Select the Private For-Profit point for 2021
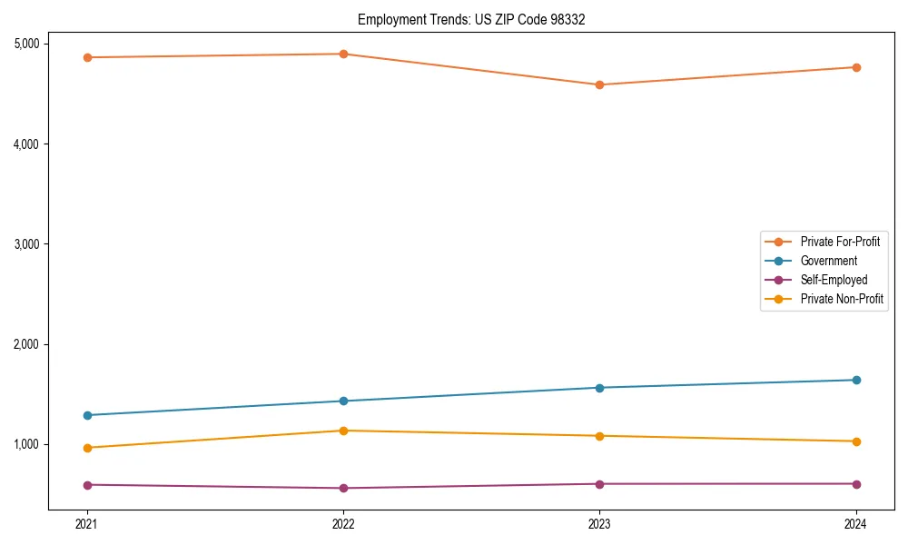(x=87, y=57)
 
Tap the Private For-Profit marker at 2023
(x=599, y=84)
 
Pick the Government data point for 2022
(x=343, y=401)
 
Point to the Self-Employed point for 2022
(x=343, y=488)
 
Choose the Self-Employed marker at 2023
(x=599, y=483)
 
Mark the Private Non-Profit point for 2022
(x=343, y=431)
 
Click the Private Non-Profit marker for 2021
(x=87, y=448)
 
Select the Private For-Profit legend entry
(x=839, y=242)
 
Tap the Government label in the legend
(x=828, y=261)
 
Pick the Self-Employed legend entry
(x=834, y=280)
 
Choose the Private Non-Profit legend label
(x=842, y=299)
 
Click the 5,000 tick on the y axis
(x=26, y=44)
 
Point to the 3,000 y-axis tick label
(x=26, y=244)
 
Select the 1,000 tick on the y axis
(x=26, y=444)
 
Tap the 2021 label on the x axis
(x=87, y=524)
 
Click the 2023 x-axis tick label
(x=599, y=524)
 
